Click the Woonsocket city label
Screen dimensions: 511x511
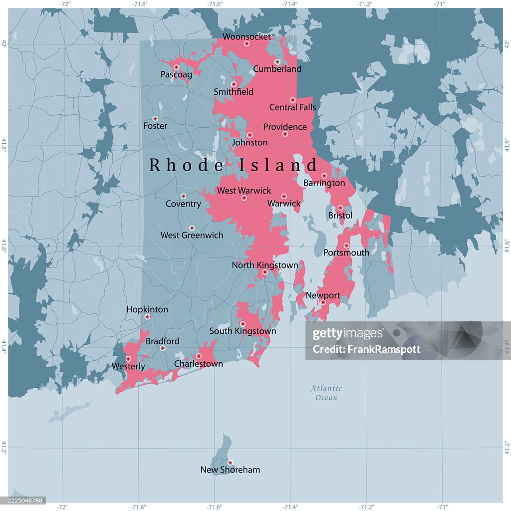point(247,36)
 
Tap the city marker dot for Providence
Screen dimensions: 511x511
point(285,134)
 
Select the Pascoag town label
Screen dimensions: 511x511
point(176,75)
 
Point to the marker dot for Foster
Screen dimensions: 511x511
point(155,119)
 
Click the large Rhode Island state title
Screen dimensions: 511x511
point(234,165)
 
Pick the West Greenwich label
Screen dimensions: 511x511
point(192,235)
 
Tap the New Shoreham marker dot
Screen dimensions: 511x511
point(230,462)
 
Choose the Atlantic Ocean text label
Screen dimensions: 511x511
point(326,393)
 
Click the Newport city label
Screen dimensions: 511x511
point(323,295)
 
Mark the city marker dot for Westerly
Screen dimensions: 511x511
point(128,359)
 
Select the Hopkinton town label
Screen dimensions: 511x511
point(147,309)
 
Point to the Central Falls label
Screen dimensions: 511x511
point(292,107)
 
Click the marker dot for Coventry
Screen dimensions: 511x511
point(183,196)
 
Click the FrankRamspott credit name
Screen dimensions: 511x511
point(366,349)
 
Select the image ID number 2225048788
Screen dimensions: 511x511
point(23,500)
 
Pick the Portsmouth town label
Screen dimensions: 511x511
point(346,253)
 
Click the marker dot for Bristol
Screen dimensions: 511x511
point(340,208)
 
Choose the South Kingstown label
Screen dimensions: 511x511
point(243,331)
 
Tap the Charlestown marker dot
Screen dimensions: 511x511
point(199,356)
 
